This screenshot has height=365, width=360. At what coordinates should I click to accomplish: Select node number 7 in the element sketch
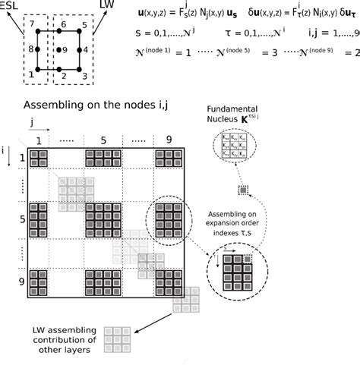[30, 25]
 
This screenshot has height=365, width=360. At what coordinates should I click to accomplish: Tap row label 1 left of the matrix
[22, 159]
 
